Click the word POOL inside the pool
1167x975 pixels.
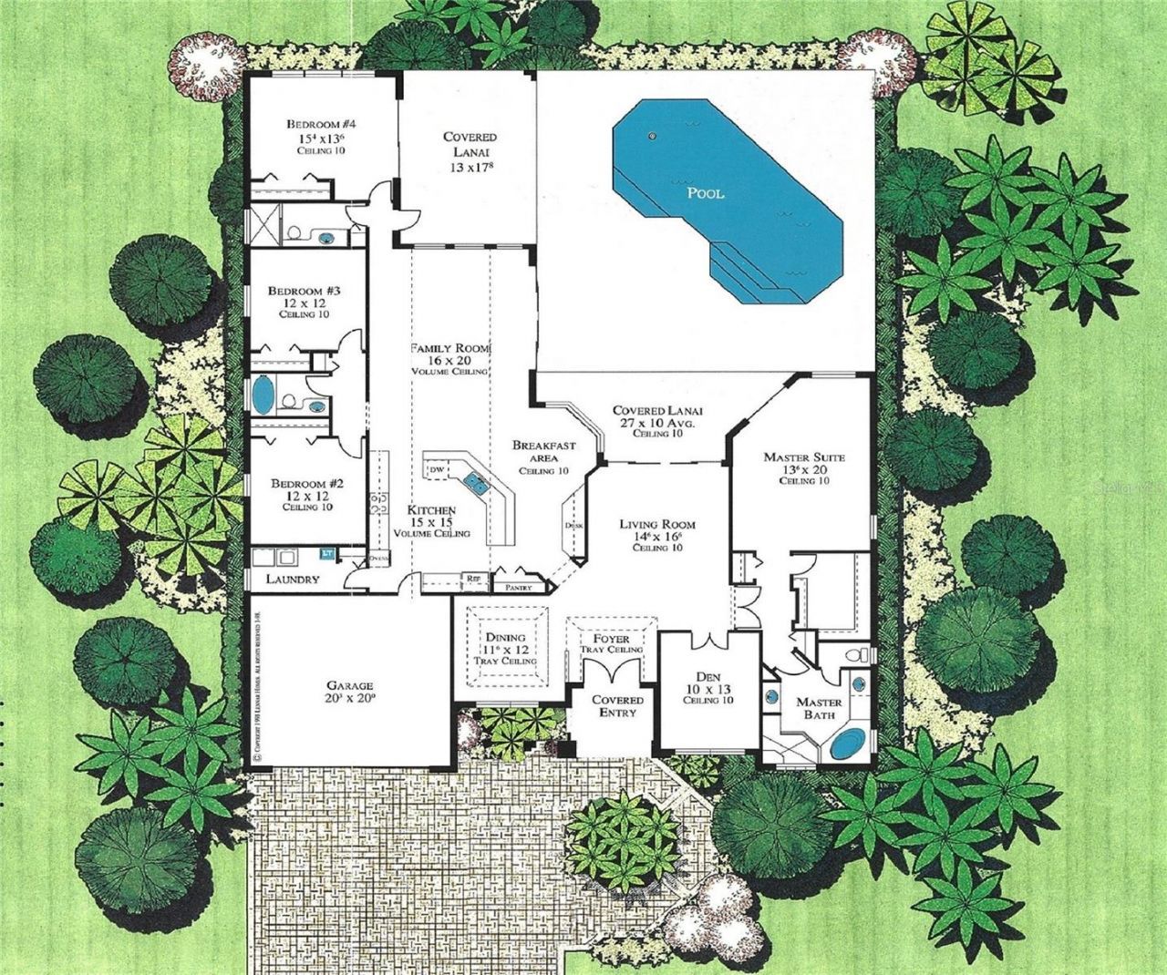click(x=706, y=193)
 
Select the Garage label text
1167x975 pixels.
click(x=350, y=685)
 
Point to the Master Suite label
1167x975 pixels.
click(x=803, y=457)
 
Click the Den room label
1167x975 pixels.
click(x=709, y=677)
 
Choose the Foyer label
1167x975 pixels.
click(x=611, y=639)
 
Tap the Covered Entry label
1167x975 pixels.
click(x=618, y=706)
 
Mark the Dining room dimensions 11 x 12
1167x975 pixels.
click(x=505, y=649)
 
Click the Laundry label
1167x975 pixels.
click(x=292, y=579)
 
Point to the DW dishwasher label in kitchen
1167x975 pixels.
click(x=436, y=468)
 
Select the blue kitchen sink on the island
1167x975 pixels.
click(x=476, y=479)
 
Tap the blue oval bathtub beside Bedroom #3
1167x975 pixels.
click(x=263, y=397)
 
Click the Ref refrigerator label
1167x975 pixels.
click(x=473, y=577)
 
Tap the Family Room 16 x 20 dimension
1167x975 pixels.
click(x=449, y=361)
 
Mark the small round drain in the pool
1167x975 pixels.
click(x=652, y=137)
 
